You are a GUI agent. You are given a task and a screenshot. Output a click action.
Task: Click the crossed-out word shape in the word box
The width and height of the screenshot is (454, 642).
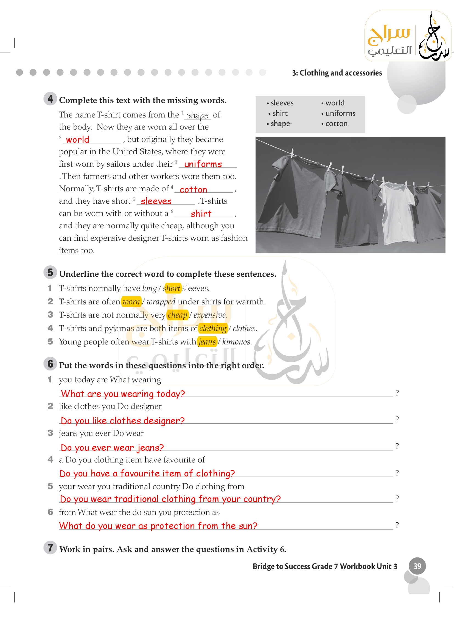click(x=281, y=124)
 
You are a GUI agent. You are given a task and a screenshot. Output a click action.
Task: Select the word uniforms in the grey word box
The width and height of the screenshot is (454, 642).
click(x=340, y=114)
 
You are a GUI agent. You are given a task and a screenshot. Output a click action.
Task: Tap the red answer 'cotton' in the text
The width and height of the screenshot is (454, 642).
click(x=193, y=190)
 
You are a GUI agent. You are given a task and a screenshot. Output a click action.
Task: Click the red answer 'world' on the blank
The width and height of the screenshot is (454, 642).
click(x=77, y=139)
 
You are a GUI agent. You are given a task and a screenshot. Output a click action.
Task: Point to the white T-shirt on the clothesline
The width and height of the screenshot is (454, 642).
click(x=397, y=212)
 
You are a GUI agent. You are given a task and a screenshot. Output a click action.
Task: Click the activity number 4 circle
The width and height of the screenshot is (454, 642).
click(x=50, y=99)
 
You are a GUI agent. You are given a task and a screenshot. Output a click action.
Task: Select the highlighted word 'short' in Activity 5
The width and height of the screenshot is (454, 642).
click(x=172, y=288)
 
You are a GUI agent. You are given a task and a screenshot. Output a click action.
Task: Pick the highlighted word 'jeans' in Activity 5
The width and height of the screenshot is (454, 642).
click(x=207, y=342)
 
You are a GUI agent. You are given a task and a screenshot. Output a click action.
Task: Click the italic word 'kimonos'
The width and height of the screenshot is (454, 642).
click(x=237, y=342)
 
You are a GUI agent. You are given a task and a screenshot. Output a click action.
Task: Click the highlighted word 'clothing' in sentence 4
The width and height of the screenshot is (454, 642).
click(x=213, y=328)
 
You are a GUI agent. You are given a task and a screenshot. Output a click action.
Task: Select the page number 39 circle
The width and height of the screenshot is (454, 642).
click(x=417, y=566)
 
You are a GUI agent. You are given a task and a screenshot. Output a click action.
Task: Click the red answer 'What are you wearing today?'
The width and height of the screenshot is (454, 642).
click(x=123, y=394)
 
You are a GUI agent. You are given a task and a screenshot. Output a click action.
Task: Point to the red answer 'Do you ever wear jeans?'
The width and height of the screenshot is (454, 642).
click(x=112, y=448)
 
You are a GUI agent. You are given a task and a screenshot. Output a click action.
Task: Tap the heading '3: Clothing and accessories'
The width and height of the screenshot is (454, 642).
click(x=337, y=73)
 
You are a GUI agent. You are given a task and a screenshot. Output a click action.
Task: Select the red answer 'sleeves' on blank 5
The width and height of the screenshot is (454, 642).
click(x=156, y=201)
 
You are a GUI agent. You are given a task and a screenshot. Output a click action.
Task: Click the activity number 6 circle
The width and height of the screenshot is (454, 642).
click(x=50, y=364)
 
